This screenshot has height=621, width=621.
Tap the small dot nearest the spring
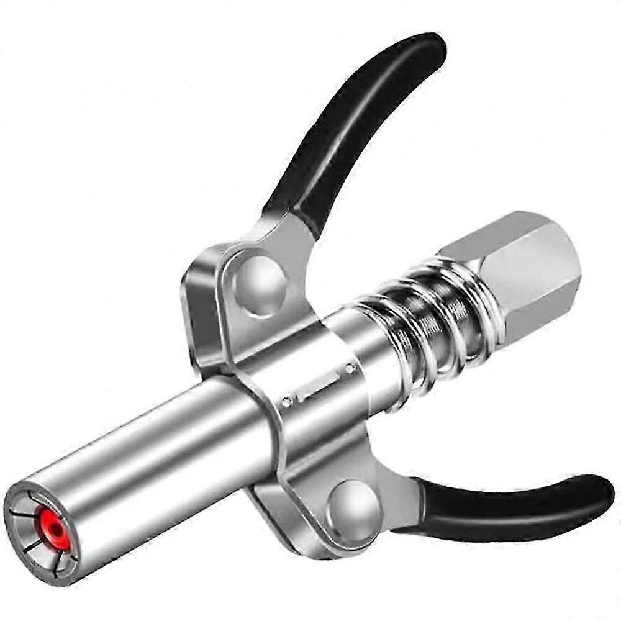pos(350,369)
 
